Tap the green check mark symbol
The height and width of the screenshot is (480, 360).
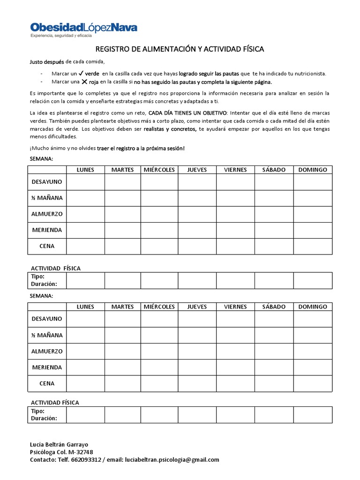point(81,74)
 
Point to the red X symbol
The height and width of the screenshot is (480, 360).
point(85,81)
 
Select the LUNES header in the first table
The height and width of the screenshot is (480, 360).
point(85,170)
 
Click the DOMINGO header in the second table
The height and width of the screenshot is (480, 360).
point(313,307)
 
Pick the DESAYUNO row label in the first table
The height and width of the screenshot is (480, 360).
point(47,181)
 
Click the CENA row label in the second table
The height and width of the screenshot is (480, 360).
point(47,383)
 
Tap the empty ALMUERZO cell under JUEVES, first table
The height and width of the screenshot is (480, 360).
point(197,214)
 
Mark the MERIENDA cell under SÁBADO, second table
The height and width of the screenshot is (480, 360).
point(274,367)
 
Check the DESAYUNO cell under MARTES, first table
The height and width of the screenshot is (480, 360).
point(122,181)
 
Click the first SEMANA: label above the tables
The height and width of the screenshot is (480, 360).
point(41,159)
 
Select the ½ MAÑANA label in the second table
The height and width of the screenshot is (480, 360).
point(47,335)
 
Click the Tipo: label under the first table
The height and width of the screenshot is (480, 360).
point(37,277)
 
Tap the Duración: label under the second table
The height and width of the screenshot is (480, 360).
point(44,418)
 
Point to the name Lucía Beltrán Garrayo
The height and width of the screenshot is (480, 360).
point(59,444)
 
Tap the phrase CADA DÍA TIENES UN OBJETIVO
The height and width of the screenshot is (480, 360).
point(187,113)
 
